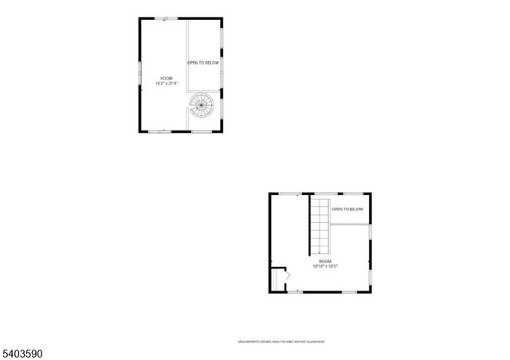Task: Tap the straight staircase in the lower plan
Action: pos(319,226)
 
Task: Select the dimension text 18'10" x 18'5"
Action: pos(324,267)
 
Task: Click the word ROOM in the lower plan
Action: pos(324,261)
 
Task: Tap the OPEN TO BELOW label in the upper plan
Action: pos(202,62)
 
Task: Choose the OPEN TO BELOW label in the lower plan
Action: pos(347,209)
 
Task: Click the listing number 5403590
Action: pos(23,350)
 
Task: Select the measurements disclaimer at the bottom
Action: pos(281,342)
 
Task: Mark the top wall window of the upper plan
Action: pos(166,18)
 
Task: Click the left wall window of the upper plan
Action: pos(140,72)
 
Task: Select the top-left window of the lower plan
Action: pos(296,194)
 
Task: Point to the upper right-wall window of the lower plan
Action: pos(370,232)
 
